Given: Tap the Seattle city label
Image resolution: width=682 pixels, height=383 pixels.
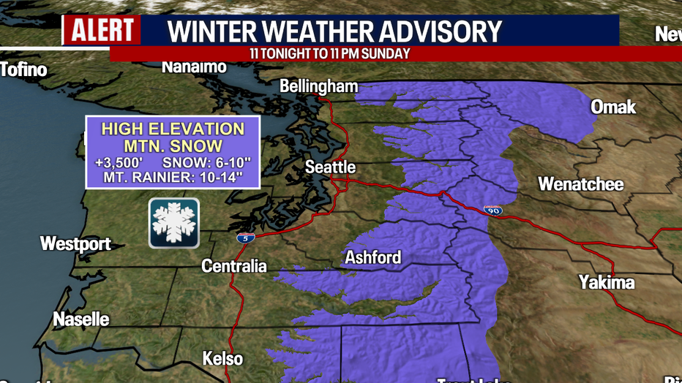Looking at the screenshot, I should pyautogui.click(x=330, y=167).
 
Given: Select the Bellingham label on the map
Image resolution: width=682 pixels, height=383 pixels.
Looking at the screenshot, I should pyautogui.click(x=319, y=86).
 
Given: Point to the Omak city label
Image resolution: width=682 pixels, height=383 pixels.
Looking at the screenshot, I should pyautogui.click(x=613, y=107).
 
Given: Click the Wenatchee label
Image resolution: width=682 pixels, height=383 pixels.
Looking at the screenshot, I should pyautogui.click(x=581, y=183).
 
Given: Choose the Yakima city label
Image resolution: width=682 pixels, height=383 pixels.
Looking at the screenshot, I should pyautogui.click(x=607, y=282).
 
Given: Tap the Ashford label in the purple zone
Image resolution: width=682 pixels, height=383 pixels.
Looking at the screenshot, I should pyautogui.click(x=373, y=257).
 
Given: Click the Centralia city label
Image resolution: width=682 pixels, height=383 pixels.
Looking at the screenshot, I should pyautogui.click(x=234, y=266).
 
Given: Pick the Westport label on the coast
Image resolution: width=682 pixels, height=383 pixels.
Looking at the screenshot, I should pyautogui.click(x=75, y=243).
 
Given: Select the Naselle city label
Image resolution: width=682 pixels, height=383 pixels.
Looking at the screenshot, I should pyautogui.click(x=81, y=319).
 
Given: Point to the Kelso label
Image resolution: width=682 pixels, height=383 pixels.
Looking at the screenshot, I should pyautogui.click(x=222, y=359).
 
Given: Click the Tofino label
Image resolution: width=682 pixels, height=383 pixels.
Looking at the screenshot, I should pyautogui.click(x=23, y=70).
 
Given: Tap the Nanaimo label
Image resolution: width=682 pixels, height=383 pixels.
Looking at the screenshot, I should pyautogui.click(x=194, y=67).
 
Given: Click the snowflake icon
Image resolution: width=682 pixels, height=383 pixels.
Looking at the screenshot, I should pyautogui.click(x=174, y=223).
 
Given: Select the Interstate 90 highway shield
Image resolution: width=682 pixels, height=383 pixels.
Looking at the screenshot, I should pyautogui.click(x=492, y=211).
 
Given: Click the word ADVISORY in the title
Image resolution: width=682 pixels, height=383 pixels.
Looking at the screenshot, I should pyautogui.click(x=432, y=31).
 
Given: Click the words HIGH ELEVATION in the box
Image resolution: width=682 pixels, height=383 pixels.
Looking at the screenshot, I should pyautogui.click(x=173, y=129).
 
